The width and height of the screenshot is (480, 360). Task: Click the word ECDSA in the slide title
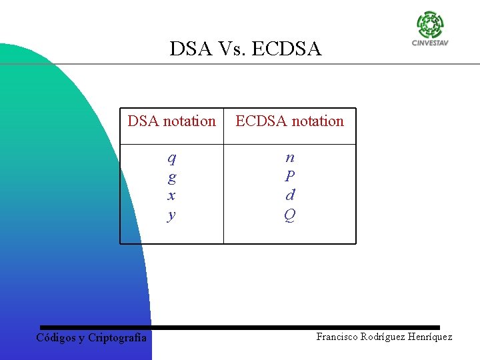pos(289,49)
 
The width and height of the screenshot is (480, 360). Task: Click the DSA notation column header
pos(171,121)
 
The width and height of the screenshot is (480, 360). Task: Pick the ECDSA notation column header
pos(289,121)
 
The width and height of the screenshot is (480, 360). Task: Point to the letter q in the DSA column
pos(172,159)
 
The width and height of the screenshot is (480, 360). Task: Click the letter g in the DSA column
pos(172,177)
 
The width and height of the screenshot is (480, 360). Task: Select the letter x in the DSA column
pos(172,195)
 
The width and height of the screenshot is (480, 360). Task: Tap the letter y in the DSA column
pos(172,215)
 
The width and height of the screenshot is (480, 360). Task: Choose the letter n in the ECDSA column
pos(290,158)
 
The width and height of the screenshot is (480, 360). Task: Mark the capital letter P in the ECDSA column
pos(290,177)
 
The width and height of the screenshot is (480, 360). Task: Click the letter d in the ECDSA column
pos(290,195)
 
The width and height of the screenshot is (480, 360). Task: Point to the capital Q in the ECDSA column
pos(290,215)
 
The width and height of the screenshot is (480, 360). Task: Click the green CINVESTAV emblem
pos(430,25)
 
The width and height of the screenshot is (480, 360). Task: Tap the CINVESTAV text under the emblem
pos(430,44)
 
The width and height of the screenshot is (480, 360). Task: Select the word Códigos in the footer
pos(56,338)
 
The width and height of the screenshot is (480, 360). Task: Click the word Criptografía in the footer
pos(117,338)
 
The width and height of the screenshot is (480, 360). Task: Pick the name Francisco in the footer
pos(337,337)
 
